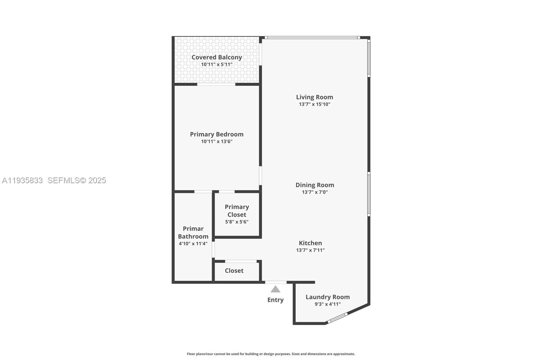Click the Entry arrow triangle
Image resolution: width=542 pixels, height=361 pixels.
coord(275,289)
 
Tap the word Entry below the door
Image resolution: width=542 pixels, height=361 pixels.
coord(275,300)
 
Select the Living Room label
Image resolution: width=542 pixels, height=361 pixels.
coord(314,97)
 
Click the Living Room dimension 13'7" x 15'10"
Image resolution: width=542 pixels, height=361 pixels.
coord(314,104)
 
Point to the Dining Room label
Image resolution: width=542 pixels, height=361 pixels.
coord(315,185)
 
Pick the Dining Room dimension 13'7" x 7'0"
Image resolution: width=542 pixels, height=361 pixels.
coord(315,192)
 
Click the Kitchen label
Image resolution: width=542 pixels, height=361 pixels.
coord(310,243)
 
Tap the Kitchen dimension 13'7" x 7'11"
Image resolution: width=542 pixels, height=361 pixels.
coord(310,250)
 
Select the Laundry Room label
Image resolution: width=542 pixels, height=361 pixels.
coord(328,297)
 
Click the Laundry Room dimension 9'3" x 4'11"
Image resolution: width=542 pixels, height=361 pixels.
coord(328,304)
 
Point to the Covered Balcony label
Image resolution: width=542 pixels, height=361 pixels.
coord(217,57)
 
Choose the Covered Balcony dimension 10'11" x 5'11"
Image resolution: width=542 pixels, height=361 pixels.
coord(217,64)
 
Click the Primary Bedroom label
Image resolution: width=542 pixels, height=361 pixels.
coord(217,134)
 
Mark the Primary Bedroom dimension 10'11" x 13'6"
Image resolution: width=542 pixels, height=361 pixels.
coord(217,142)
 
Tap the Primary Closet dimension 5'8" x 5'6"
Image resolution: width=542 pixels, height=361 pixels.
coord(237,222)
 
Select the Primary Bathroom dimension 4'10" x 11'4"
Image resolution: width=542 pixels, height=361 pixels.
coord(193,243)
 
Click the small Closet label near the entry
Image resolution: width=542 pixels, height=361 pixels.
coord(234,271)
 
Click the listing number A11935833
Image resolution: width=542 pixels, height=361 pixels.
coord(22,180)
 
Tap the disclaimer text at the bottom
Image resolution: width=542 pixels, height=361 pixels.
coord(271,354)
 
